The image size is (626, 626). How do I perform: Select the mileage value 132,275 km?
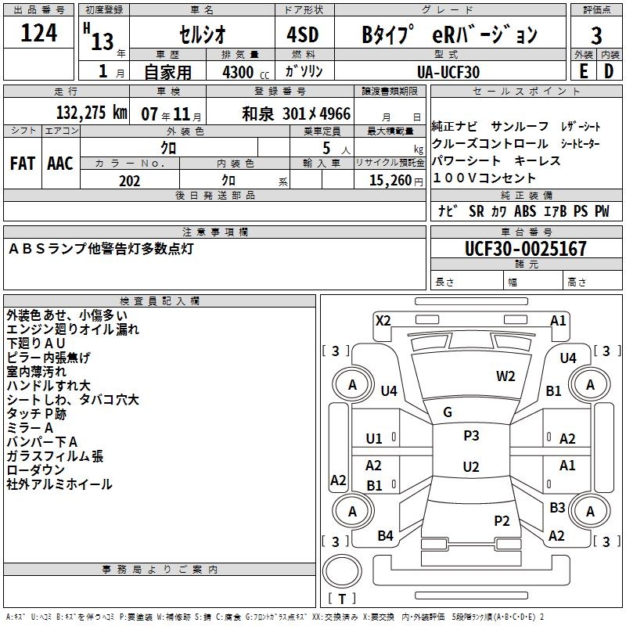tap(92, 113)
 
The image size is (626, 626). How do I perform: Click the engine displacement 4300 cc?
tap(239, 72)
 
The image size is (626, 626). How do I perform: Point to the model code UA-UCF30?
tap(448, 72)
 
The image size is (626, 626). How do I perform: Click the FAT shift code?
tap(22, 164)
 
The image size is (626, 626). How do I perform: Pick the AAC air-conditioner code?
tap(60, 164)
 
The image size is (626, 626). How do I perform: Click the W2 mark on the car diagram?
tap(505, 376)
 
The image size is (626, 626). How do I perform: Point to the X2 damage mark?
tap(383, 320)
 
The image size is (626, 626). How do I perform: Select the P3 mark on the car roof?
tap(471, 436)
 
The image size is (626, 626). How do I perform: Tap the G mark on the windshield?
tap(448, 412)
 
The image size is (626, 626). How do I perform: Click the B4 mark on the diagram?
tap(385, 536)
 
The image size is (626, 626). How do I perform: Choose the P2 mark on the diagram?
tap(502, 520)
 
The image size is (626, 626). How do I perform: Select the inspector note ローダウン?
tap(36, 469)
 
